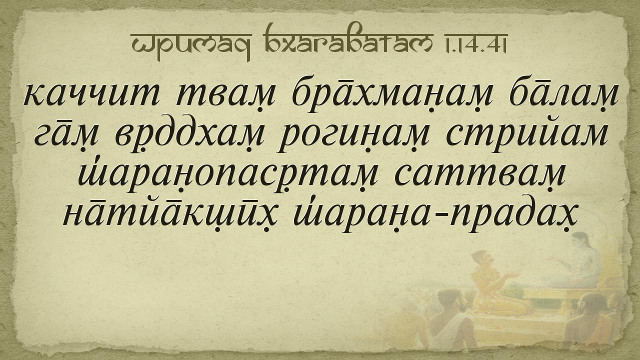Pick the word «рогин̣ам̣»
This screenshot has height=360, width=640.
coord(354,138)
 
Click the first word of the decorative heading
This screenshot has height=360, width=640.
coord(190,45)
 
